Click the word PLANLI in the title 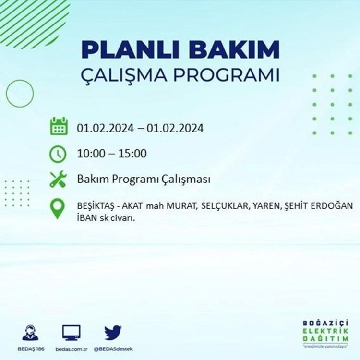(130, 49)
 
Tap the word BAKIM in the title (234, 49)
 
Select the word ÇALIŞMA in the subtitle (124, 75)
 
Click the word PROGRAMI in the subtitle (227, 74)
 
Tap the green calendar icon (59, 126)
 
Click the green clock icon (58, 154)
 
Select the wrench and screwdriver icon (58, 179)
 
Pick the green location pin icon (58, 208)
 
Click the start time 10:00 (91, 154)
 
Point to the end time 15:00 (132, 154)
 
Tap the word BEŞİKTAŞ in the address (96, 206)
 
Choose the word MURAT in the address (182, 206)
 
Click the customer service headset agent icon (31, 333)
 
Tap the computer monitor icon (72, 333)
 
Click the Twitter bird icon (113, 333)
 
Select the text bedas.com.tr (72, 349)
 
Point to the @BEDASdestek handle (113, 349)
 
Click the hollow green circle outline (6, 94)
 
